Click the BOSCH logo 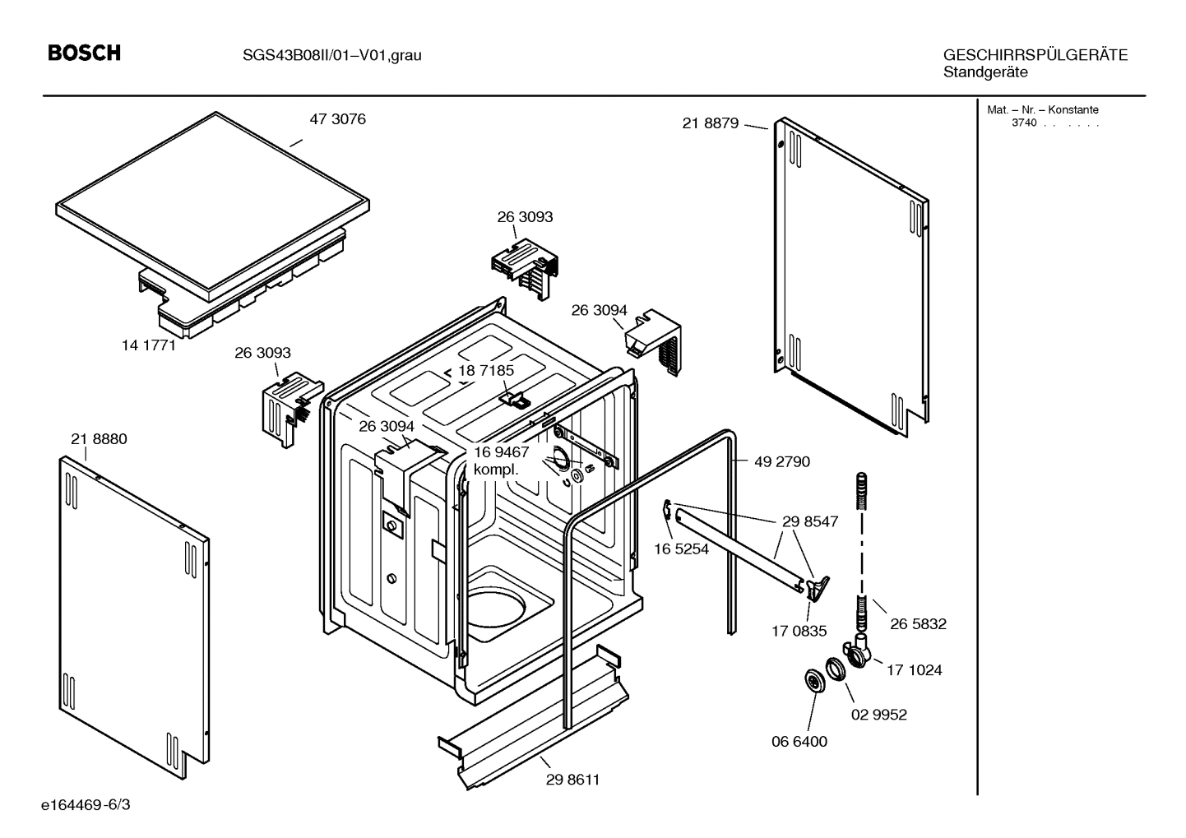point(84,53)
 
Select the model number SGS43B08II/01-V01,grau point(331,56)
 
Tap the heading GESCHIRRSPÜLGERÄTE point(1035,55)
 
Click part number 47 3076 point(337,119)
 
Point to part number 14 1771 point(149,345)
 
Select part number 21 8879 point(711,123)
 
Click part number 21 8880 point(99,439)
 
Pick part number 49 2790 point(781,461)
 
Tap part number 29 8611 point(572,780)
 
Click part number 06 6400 point(799,741)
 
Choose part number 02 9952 point(878,715)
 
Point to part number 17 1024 point(914,670)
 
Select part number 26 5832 point(918,624)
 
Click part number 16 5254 point(681,549)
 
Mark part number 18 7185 point(486,371)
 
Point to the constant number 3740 point(1023,123)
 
